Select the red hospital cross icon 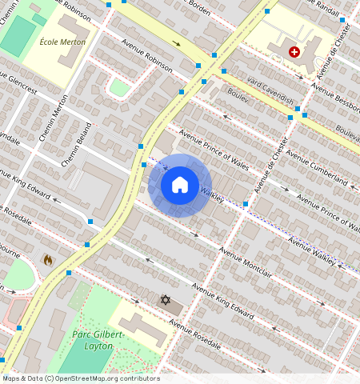pos(294,52)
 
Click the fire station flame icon pos(47,260)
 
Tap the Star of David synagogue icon pos(166,300)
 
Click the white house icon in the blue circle pos(180,186)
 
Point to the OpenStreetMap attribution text pos(80,378)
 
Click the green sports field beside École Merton pos(18,36)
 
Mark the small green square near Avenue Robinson pos(119,87)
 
